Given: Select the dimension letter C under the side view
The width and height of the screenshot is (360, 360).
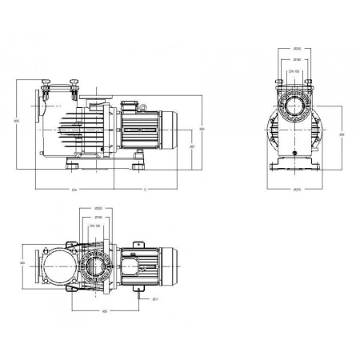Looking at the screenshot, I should click(x=144, y=190).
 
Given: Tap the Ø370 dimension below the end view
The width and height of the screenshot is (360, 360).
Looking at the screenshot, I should click(x=297, y=190).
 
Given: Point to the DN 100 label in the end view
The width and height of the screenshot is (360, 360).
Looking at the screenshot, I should click(x=297, y=72).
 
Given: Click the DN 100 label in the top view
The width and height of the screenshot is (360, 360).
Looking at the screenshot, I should click(x=97, y=227).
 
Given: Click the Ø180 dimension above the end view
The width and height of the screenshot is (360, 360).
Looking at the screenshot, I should click(x=297, y=60).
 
